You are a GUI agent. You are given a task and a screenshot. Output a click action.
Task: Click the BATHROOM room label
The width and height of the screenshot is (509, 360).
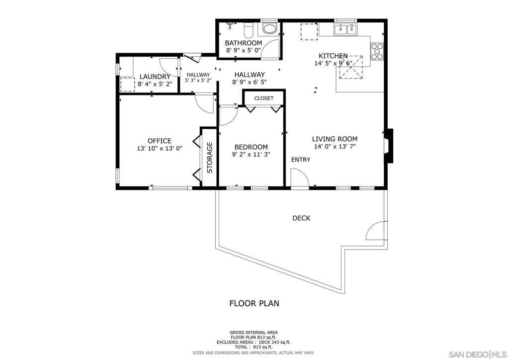[x=244, y=43]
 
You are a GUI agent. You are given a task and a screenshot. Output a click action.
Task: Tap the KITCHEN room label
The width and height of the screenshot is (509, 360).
[x=333, y=56]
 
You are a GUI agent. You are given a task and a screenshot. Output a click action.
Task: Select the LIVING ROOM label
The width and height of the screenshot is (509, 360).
[x=335, y=139]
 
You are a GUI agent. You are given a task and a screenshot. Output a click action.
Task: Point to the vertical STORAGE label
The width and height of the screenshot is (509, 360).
[x=210, y=158]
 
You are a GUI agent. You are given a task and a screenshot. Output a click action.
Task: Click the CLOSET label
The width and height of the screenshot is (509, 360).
[x=264, y=98]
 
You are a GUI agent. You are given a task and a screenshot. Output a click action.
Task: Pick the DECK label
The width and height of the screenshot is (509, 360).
[x=301, y=218]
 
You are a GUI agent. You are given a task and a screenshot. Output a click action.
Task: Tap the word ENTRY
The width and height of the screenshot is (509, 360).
[x=301, y=160]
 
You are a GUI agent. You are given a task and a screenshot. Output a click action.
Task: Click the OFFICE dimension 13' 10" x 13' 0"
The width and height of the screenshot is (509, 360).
[x=160, y=149]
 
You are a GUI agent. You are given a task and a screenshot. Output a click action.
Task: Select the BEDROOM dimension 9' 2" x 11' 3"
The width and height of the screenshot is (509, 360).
[x=251, y=155]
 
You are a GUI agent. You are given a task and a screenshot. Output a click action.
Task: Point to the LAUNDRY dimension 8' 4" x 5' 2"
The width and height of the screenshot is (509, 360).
[x=155, y=84]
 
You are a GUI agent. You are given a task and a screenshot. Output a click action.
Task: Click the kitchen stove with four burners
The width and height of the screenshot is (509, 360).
[x=377, y=51]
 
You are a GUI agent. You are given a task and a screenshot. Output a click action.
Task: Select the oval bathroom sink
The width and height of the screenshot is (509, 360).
[x=269, y=29]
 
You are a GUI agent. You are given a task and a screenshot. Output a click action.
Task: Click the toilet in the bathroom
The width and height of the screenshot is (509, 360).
[x=249, y=29]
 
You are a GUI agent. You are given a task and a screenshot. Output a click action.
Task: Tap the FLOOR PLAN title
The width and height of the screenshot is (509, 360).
[x=254, y=303]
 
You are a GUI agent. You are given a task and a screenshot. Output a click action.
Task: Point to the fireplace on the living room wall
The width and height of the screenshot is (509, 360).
[x=389, y=146]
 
